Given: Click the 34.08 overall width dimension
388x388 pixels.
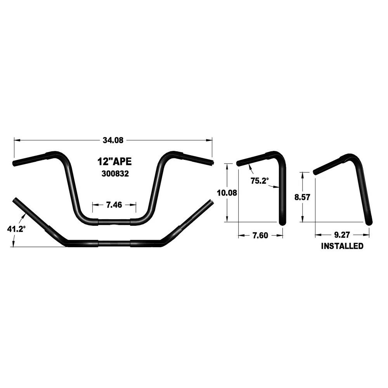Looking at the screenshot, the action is (x=113, y=140).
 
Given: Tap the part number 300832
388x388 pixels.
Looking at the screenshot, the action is (x=115, y=174).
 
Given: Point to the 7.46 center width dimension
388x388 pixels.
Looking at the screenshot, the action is (x=114, y=204).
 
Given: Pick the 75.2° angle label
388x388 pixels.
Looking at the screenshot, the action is (x=260, y=181).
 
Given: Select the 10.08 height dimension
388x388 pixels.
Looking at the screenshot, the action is (x=227, y=192).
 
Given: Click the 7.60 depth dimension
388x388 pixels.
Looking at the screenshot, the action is (x=260, y=236).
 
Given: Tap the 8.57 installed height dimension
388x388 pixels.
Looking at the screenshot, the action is (x=302, y=197).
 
